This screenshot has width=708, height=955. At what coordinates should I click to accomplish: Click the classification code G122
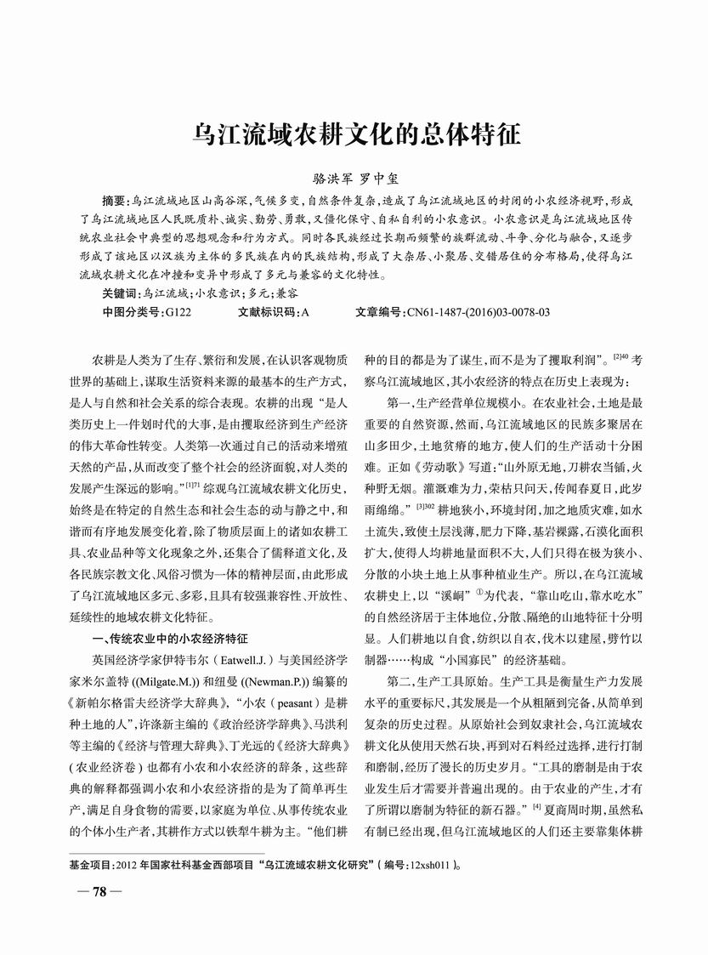click(x=178, y=312)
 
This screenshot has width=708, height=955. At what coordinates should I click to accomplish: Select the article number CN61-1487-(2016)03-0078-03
click(x=479, y=312)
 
